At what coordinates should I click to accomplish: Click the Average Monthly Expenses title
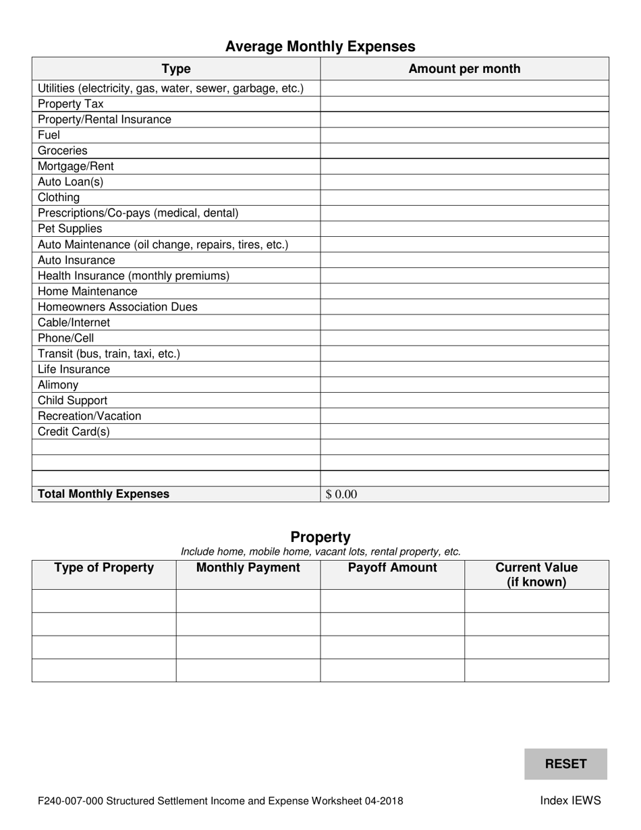click(320, 47)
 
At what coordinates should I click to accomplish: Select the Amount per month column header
click(464, 69)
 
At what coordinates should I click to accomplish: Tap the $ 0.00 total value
click(341, 495)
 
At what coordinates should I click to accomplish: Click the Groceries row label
click(63, 150)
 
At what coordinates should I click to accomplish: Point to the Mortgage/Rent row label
click(76, 166)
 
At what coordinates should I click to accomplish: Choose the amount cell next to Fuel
click(464, 135)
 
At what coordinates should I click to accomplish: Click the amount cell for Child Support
click(464, 400)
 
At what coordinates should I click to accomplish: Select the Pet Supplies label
click(70, 229)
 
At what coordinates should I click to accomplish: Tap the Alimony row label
click(58, 385)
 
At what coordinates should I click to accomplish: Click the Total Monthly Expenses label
click(104, 494)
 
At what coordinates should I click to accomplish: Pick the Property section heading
click(320, 537)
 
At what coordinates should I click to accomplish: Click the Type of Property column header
click(104, 568)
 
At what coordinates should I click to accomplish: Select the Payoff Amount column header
click(392, 568)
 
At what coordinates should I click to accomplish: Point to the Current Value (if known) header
click(536, 575)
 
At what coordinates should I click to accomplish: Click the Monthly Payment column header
click(248, 568)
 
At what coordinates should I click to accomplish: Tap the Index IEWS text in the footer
click(570, 801)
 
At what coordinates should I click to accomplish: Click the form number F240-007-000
click(70, 802)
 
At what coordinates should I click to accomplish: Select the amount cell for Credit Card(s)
click(464, 431)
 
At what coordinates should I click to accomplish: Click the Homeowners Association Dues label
click(117, 307)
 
